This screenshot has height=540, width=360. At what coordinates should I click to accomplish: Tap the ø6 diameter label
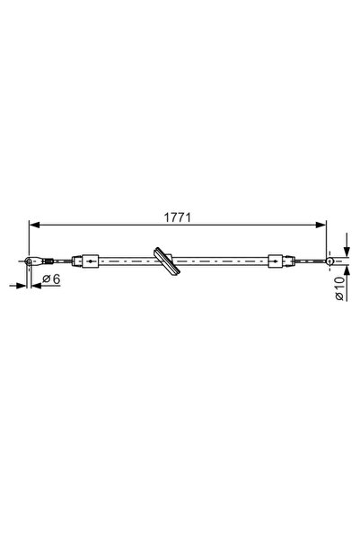click(51, 279)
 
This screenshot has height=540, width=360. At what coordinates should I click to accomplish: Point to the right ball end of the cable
click(329, 261)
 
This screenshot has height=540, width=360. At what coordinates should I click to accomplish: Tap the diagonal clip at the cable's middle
click(163, 261)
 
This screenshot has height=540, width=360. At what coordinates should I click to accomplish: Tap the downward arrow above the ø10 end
click(346, 251)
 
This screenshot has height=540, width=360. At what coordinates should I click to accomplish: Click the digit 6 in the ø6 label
click(56, 279)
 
